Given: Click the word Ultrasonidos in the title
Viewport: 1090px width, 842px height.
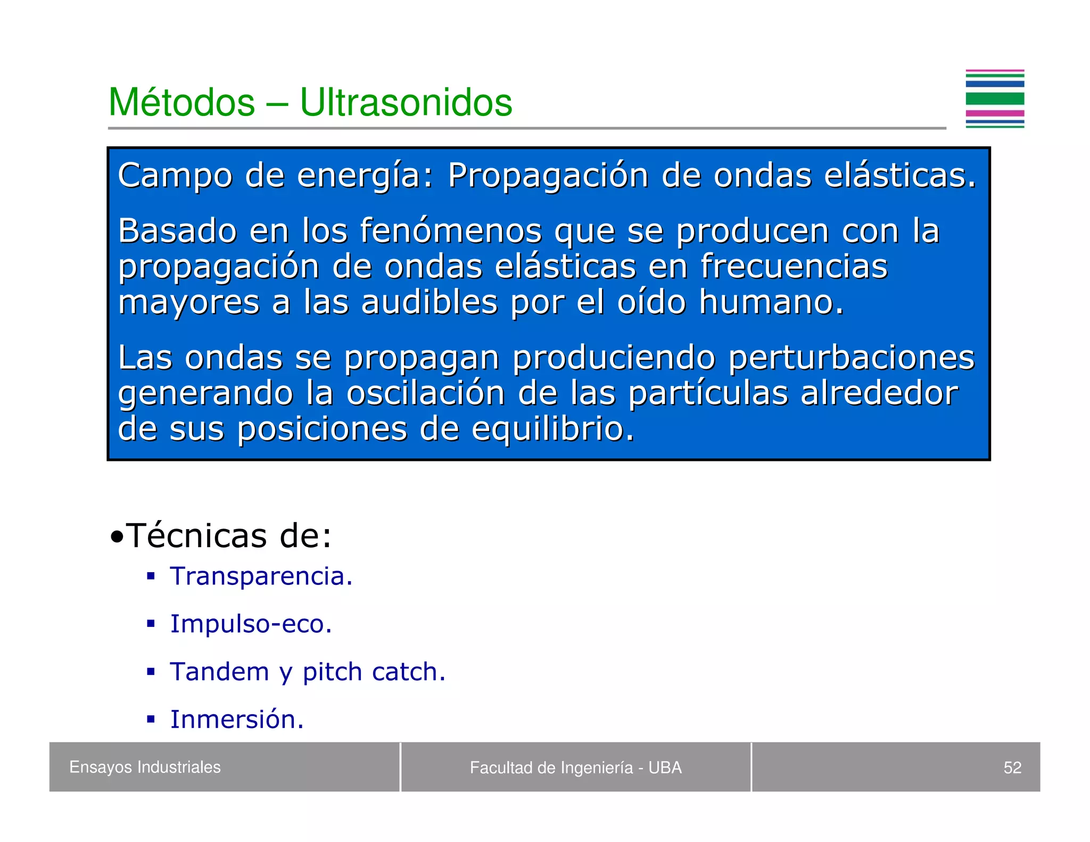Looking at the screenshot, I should coord(406,102).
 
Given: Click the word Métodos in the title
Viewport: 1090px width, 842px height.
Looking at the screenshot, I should coord(181,102).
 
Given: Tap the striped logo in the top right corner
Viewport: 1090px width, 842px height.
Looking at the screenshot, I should coord(994,99).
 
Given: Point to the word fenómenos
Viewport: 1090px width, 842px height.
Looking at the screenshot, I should coord(450,231).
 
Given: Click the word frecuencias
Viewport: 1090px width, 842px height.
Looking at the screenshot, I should coord(794,266).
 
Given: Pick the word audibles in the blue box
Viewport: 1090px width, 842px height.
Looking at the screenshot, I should coord(429,302).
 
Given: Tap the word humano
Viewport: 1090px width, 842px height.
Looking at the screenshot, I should coord(771,302).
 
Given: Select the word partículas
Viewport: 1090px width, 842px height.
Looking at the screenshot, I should coord(707,393).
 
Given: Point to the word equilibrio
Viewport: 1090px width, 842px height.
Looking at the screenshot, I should coord(552,429).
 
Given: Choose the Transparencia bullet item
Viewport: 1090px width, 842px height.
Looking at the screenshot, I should coord(261,576).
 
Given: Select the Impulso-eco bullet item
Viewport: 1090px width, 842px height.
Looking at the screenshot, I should coord(251,624).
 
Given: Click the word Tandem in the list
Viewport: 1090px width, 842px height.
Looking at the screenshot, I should coord(219,672).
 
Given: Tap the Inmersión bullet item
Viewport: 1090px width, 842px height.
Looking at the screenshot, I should coord(237,720).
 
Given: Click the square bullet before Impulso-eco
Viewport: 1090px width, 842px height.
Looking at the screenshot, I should coord(151,624).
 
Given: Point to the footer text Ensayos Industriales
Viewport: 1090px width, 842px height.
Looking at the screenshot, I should coord(145,767).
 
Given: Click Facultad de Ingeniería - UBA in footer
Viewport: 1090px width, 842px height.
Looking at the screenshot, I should coord(575,767).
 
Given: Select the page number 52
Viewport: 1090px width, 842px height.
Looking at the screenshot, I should coord(1012,767).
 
